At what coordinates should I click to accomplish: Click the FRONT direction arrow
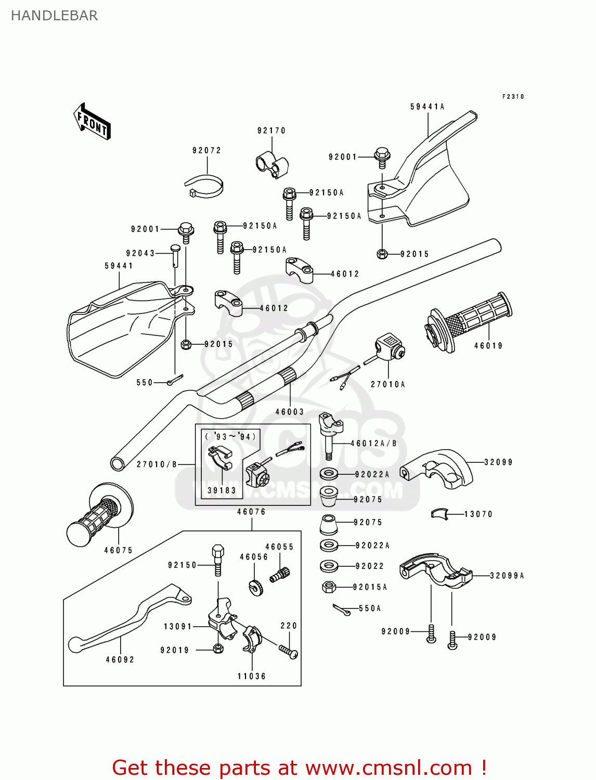coord(92,121)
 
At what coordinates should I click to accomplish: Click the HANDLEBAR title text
coord(54,16)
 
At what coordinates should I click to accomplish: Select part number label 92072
coord(206,150)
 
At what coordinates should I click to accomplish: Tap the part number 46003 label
coord(289,412)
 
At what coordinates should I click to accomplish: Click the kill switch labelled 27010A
coord(389,347)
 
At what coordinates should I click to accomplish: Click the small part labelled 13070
coord(439,514)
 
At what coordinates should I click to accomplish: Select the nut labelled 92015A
coord(329,587)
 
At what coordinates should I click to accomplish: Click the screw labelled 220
coord(288,651)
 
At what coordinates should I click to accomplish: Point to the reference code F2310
coord(513,97)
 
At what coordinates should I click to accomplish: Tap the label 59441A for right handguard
coord(427,107)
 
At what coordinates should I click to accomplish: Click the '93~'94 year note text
coord(230,437)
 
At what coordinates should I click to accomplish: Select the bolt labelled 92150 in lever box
coord(218,560)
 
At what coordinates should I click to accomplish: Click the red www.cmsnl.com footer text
coord(299,768)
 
